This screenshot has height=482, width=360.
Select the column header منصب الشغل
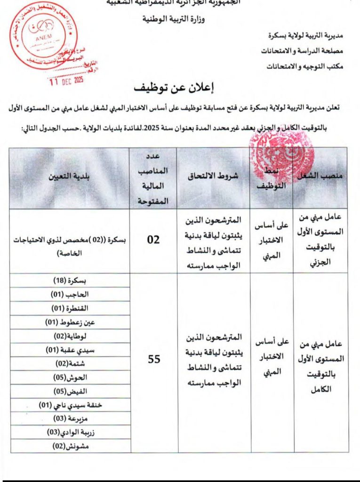pyautogui.click(x=320, y=175)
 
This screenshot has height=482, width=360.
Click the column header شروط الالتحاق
pyautogui.click(x=213, y=175)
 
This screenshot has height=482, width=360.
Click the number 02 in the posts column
pyautogui.click(x=153, y=240)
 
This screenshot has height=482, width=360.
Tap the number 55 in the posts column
pyautogui.click(x=154, y=359)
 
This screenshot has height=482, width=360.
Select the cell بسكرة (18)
pyautogui.click(x=71, y=281)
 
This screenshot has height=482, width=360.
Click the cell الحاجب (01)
pyautogui.click(x=70, y=294)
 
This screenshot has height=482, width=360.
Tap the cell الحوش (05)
pyautogui.click(x=70, y=378)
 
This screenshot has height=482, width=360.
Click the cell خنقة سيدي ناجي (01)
pyautogui.click(x=70, y=405)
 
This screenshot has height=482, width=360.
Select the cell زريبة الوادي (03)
pyautogui.click(x=70, y=432)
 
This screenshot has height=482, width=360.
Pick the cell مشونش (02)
pyautogui.click(x=70, y=446)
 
